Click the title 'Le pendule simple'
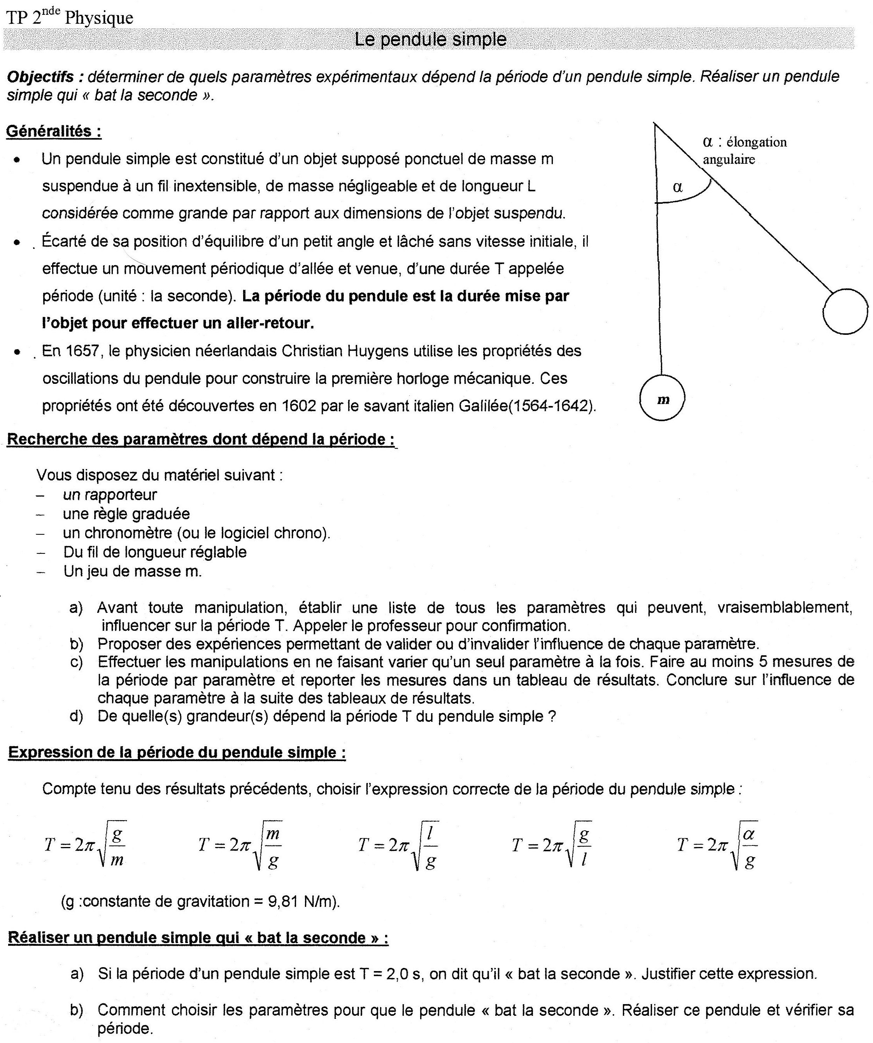pos(430,39)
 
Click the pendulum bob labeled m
pos(662,398)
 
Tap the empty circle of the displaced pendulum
pos(845,311)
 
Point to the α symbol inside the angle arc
pos(678,187)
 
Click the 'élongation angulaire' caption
pos(744,150)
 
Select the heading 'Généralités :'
pos(54,131)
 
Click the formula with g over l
pos(552,845)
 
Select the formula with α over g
pos(717,845)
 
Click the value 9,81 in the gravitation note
pos(283,901)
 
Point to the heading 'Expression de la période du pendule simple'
pos(177,752)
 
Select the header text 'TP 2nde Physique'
pos(70,18)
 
